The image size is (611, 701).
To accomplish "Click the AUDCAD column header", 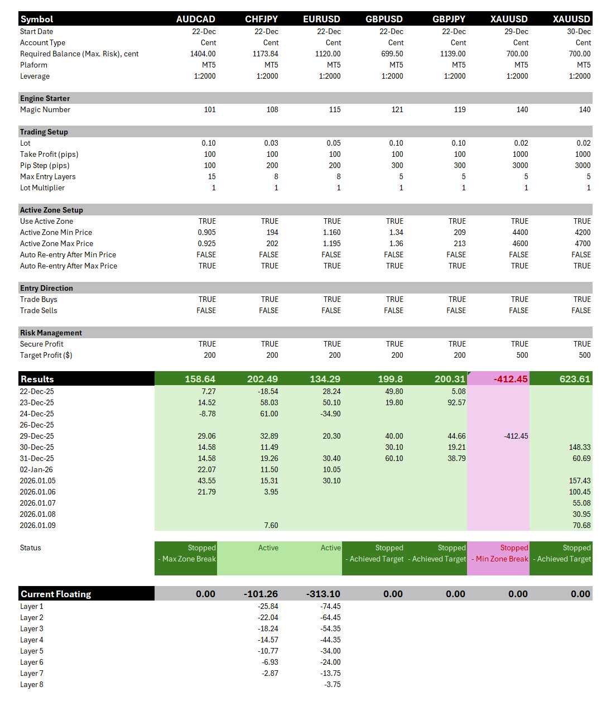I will click(195, 19).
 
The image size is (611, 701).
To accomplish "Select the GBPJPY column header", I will click(449, 19).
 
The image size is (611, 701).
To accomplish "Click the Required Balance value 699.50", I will click(392, 54).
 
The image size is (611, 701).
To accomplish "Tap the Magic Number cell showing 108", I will click(272, 110).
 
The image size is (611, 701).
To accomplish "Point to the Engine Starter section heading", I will click(45, 99).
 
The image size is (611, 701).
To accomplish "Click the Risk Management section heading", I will click(51, 333).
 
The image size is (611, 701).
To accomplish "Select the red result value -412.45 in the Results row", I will click(510, 379).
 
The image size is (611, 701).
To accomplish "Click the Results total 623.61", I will click(574, 379).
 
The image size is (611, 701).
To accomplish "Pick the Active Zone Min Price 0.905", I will click(206, 233).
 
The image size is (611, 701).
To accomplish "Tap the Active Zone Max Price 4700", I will click(582, 244).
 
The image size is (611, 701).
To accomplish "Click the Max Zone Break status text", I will click(189, 559).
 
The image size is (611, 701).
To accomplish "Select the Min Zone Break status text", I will click(502, 559).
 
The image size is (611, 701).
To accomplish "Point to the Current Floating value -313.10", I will click(323, 594).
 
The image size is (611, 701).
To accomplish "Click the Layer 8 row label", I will click(32, 685).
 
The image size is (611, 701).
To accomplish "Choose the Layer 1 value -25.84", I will click(268, 607).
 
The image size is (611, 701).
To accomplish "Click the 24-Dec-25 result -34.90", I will click(331, 414).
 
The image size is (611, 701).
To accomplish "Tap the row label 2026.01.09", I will click(37, 526).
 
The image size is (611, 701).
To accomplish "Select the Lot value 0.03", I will click(271, 143).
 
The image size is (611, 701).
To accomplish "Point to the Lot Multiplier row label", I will click(42, 188).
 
